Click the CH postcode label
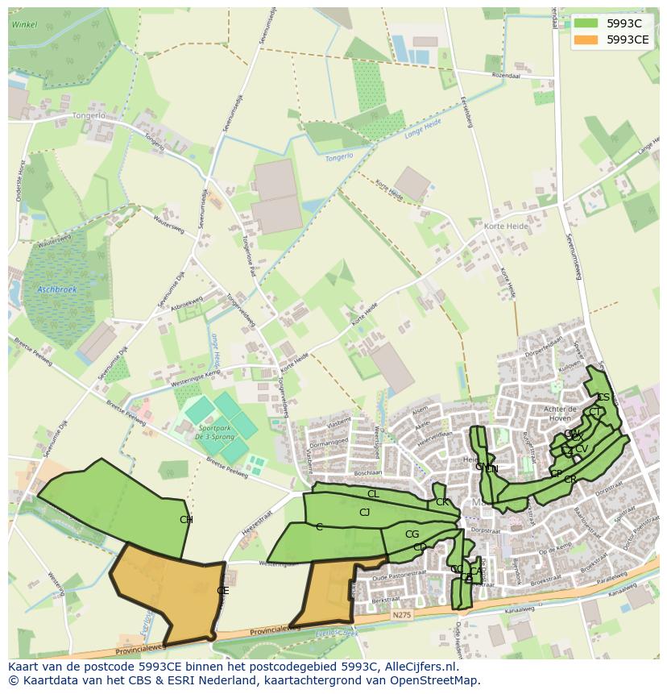click(186, 520)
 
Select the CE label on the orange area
click(223, 591)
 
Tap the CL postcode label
click(372, 494)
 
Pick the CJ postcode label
click(364, 513)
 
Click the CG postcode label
click(412, 534)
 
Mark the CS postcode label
click(603, 397)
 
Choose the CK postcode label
click(441, 502)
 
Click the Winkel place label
click(25, 25)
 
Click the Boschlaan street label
click(367, 473)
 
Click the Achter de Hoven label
click(560, 413)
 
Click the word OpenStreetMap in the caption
click(436, 681)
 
